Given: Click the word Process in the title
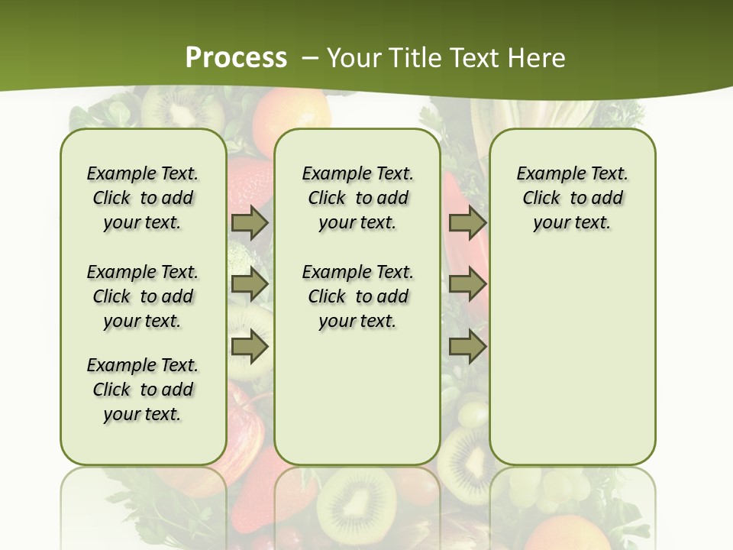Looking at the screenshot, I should pyautogui.click(x=236, y=57).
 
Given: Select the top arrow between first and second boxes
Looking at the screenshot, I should pyautogui.click(x=250, y=222).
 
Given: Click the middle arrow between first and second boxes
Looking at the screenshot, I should pyautogui.click(x=250, y=284).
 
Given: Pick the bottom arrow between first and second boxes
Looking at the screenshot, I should pyautogui.click(x=250, y=347).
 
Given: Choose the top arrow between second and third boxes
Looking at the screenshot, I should pyautogui.click(x=467, y=222).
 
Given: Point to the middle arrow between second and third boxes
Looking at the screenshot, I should pyautogui.click(x=467, y=284).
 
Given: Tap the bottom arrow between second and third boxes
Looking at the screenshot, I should pyautogui.click(x=467, y=347).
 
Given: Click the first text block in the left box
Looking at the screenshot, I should pyautogui.click(x=143, y=198).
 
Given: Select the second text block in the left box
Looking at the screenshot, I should pyautogui.click(x=143, y=296).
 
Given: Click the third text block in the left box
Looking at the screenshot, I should pyautogui.click(x=143, y=390).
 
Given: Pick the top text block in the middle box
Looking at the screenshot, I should pyautogui.click(x=358, y=198).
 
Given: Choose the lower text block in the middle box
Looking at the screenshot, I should pyautogui.click(x=358, y=296).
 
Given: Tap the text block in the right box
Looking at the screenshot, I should pyautogui.click(x=573, y=198).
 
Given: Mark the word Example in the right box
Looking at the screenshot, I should pyautogui.click(x=544, y=173).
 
